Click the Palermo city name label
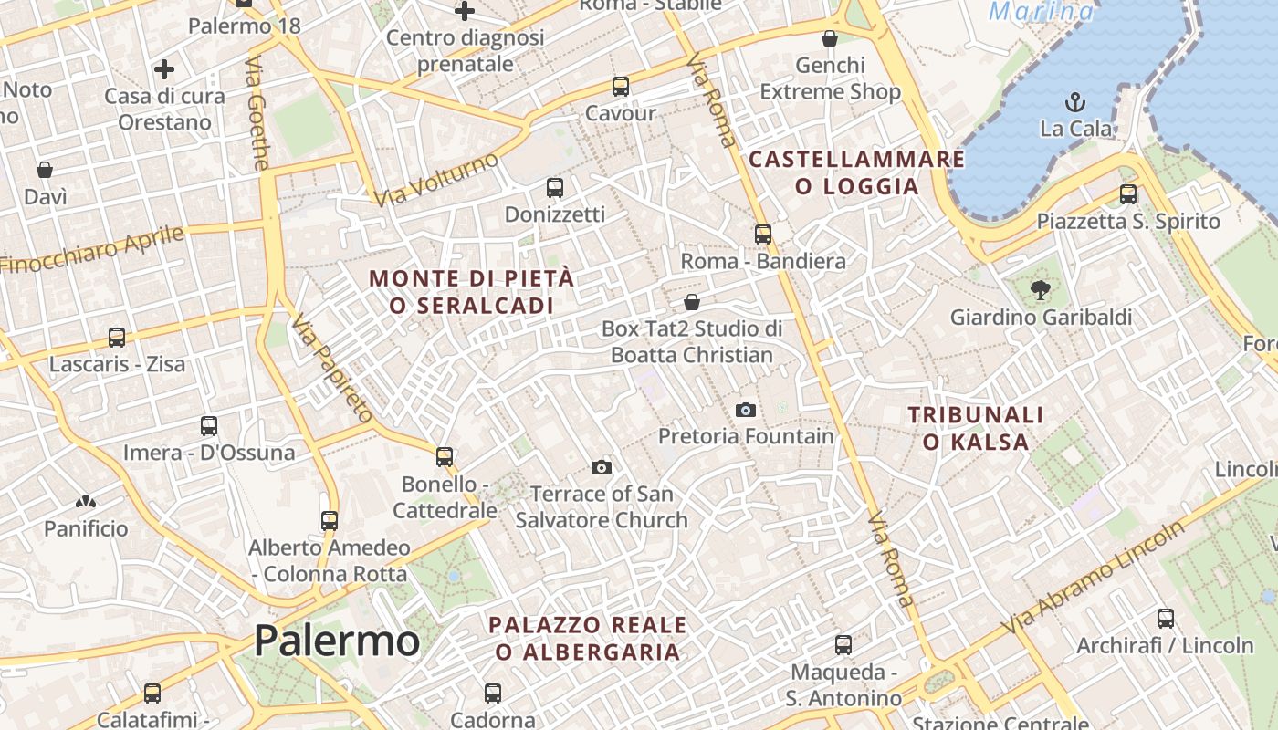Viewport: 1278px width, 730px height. point(337,641)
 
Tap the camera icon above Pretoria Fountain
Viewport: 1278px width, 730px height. point(746,410)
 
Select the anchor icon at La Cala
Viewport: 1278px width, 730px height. point(1075,101)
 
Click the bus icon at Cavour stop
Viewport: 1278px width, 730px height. point(621,87)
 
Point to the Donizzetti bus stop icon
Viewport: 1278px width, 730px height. point(554,188)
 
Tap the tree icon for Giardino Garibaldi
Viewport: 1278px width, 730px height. point(1040,290)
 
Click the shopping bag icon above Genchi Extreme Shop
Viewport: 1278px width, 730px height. point(830,38)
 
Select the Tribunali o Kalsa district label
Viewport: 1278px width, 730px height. point(976,429)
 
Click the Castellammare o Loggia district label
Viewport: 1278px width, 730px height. point(857,172)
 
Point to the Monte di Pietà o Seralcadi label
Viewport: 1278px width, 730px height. point(472,292)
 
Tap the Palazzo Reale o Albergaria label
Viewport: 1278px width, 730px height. point(588,638)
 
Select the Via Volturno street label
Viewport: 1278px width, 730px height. point(436,179)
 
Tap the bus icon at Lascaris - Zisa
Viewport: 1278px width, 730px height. point(117,337)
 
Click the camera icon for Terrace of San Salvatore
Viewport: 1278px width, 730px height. point(601,467)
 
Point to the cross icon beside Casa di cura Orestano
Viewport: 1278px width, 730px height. point(164,69)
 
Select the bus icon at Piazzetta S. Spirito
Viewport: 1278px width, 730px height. point(1128,193)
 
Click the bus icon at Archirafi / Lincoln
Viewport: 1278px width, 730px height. point(1166,618)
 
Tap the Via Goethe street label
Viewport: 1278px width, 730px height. point(257,114)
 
